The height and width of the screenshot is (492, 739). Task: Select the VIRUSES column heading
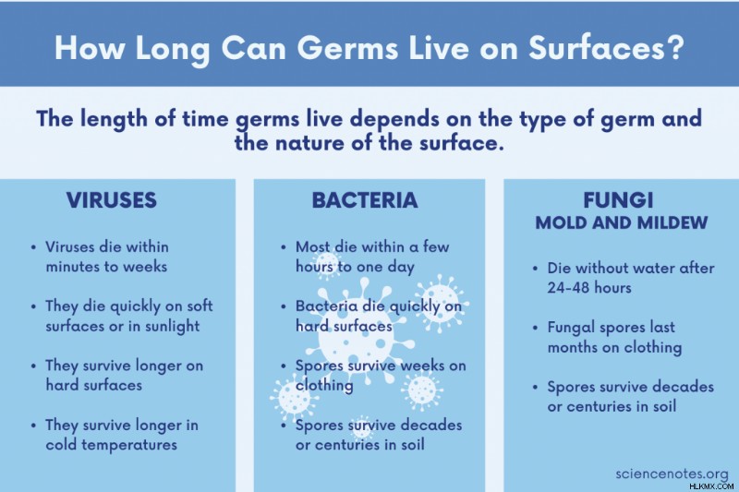[111, 200]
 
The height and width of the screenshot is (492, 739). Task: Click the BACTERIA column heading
[365, 200]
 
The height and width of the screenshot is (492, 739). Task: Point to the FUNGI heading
[618, 200]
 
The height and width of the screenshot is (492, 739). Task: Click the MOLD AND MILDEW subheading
[622, 222]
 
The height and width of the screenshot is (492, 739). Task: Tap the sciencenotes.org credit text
[672, 474]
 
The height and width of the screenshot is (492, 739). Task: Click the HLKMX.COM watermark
[711, 486]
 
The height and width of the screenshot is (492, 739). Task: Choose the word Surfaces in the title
[596, 48]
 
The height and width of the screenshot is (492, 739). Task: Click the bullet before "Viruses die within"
[33, 247]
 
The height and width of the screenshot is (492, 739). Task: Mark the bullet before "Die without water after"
[535, 269]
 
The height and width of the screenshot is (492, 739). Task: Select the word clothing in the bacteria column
[324, 386]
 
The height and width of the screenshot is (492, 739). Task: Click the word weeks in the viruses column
[145, 267]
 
